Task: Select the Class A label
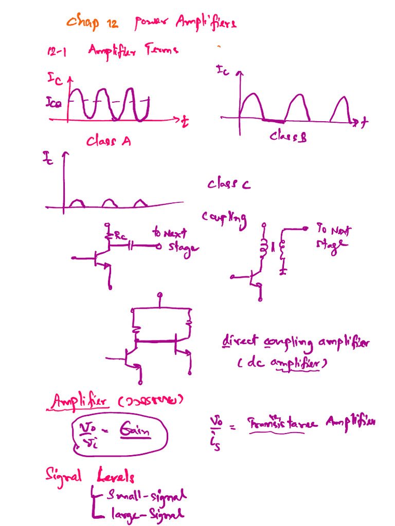pos(109,140)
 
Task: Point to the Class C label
pos(229,184)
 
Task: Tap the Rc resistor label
pos(120,236)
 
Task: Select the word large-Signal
pos(147,514)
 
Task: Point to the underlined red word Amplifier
pos(80,402)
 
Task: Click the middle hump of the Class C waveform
pos(109,204)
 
